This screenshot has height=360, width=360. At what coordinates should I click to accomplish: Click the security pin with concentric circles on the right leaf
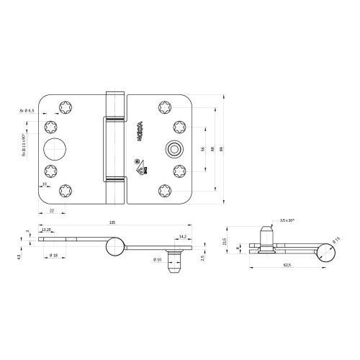(x=172, y=150)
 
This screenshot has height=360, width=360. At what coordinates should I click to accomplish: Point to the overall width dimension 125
(x=112, y=222)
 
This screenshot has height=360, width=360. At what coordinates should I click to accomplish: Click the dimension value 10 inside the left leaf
(x=45, y=185)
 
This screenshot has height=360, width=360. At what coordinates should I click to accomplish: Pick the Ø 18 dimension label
(x=53, y=256)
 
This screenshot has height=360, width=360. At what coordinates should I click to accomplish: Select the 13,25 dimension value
(x=47, y=230)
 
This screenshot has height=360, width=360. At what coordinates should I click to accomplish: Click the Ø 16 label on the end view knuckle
(x=335, y=240)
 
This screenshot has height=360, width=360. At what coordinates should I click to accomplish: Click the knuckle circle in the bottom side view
(x=112, y=248)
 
